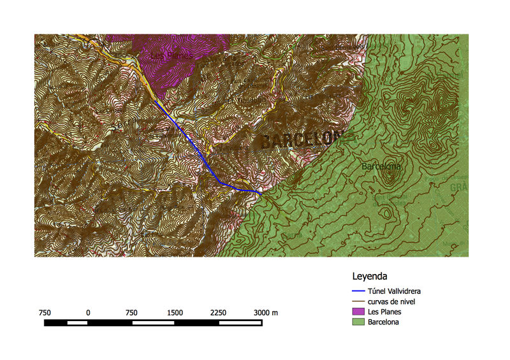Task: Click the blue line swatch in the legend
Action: point(359,291)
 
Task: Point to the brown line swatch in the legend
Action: point(359,301)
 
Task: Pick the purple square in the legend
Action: point(359,312)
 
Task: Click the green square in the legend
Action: point(359,322)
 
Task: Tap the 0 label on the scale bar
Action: point(88,312)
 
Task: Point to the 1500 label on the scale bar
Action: point(175,312)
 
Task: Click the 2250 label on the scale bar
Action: point(218,312)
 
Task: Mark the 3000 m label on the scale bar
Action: point(265,312)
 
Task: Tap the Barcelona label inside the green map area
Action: point(381,166)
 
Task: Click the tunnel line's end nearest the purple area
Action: point(156,100)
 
